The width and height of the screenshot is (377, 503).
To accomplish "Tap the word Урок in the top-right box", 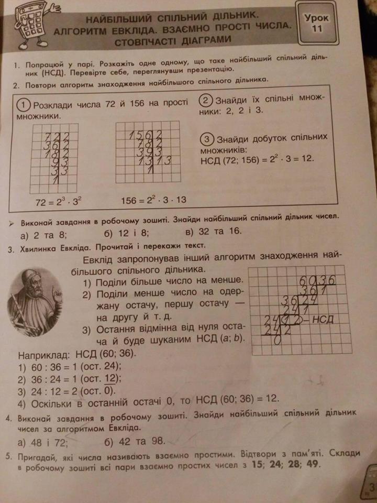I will [x=317, y=17].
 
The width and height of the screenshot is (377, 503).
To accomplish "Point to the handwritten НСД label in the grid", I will [x=323, y=319].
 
